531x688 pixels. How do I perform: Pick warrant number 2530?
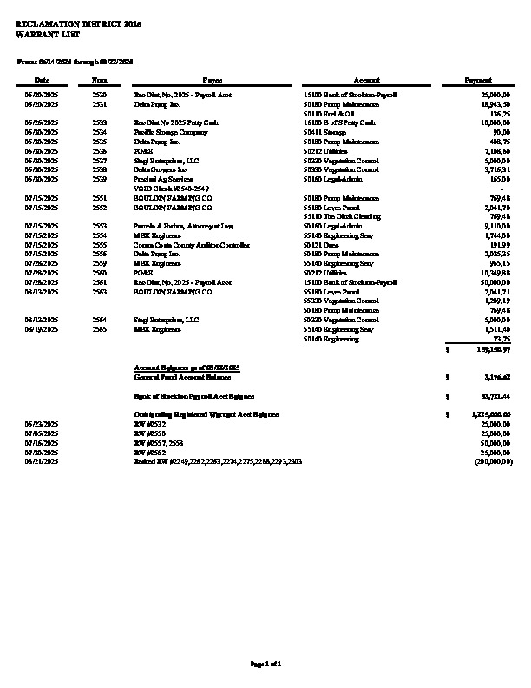click(100, 92)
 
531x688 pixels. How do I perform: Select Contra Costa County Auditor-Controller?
click(191, 245)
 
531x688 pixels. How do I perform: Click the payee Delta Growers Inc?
click(157, 169)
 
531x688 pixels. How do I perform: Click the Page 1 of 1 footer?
click(265, 664)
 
